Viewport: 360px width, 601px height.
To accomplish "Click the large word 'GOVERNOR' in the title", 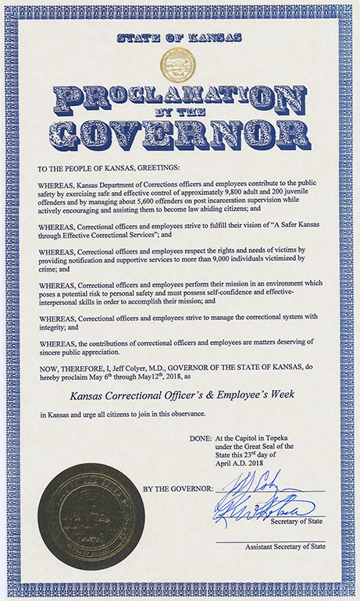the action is point(179,135).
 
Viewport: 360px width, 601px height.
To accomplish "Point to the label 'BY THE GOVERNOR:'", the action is point(176,489).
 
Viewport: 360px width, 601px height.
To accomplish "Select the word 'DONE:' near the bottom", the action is point(200,439).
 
